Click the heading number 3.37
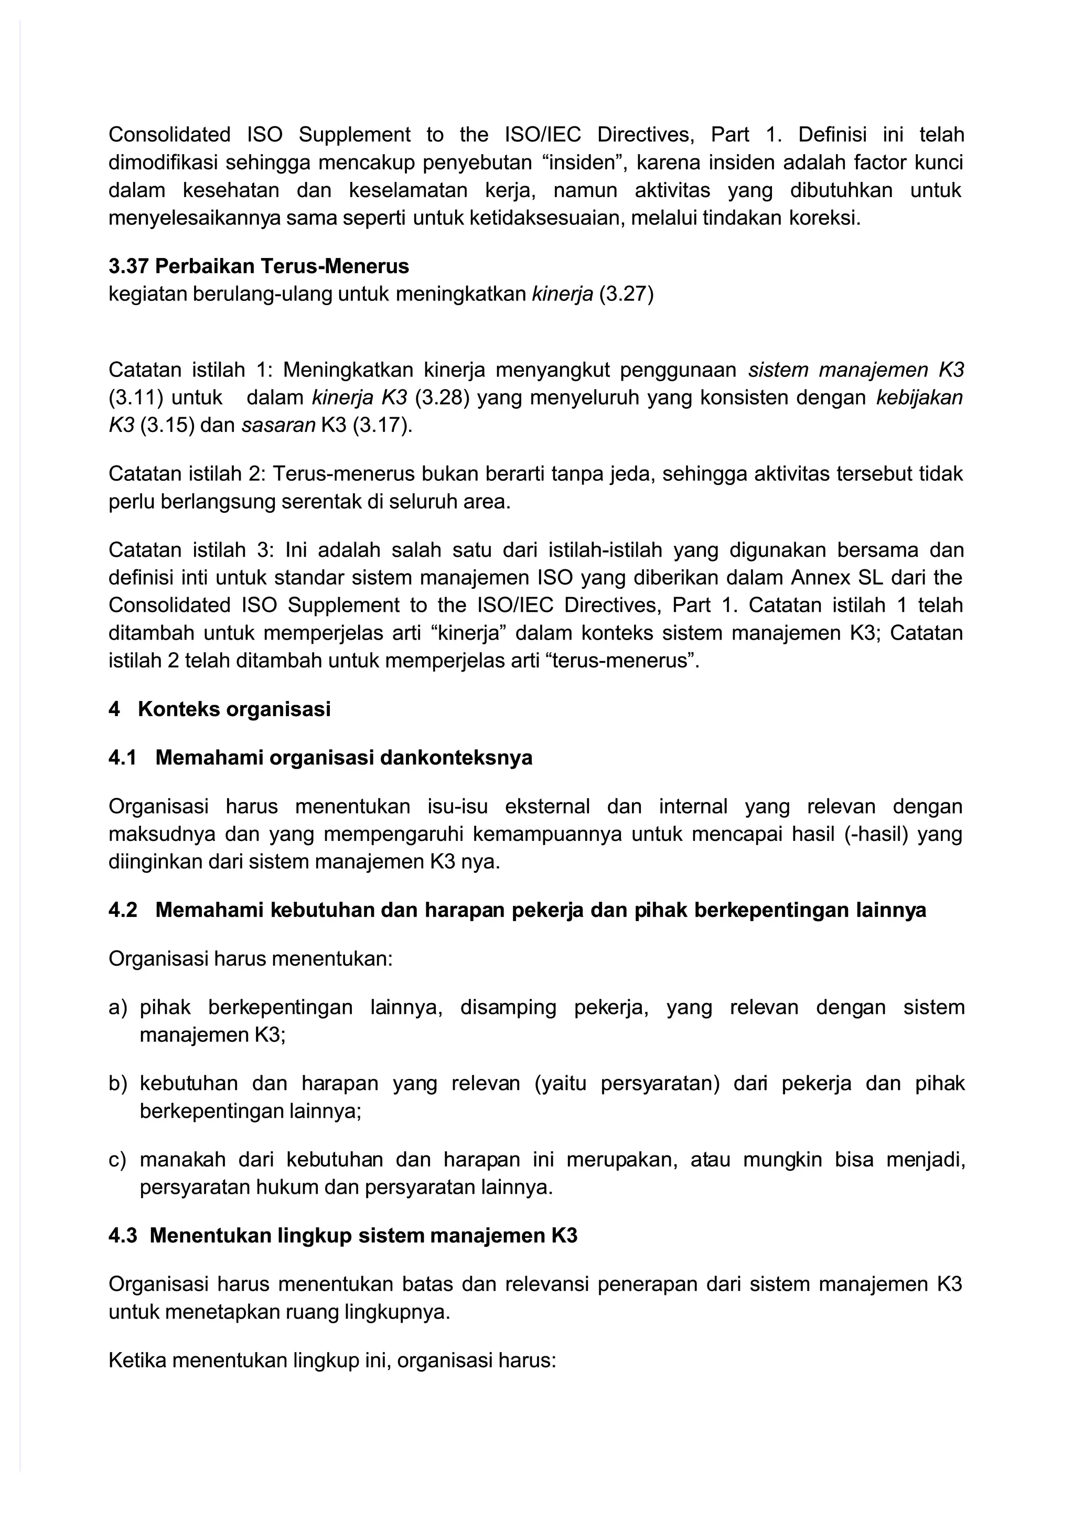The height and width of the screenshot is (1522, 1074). point(130,266)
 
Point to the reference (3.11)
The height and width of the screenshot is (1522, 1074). point(136,398)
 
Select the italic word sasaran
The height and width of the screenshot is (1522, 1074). point(278,425)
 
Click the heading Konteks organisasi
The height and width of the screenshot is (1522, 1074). point(234,709)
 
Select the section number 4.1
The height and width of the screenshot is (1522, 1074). point(122,758)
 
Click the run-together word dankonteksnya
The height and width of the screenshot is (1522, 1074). point(457,758)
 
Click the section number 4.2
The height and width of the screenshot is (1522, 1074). point(123,910)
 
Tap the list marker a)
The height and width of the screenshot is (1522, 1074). point(117,1008)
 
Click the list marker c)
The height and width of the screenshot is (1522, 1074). point(117,1160)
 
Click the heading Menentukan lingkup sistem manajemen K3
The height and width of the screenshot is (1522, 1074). point(363,1236)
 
